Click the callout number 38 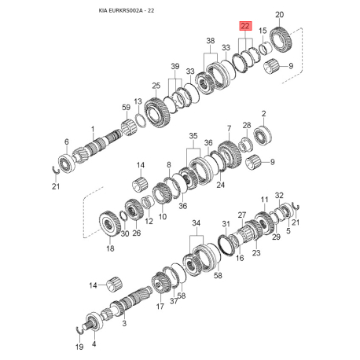click(209, 41)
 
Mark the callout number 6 click(66, 141)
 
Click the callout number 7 click(229, 127)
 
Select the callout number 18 click(110, 248)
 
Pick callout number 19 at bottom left click(78, 347)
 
